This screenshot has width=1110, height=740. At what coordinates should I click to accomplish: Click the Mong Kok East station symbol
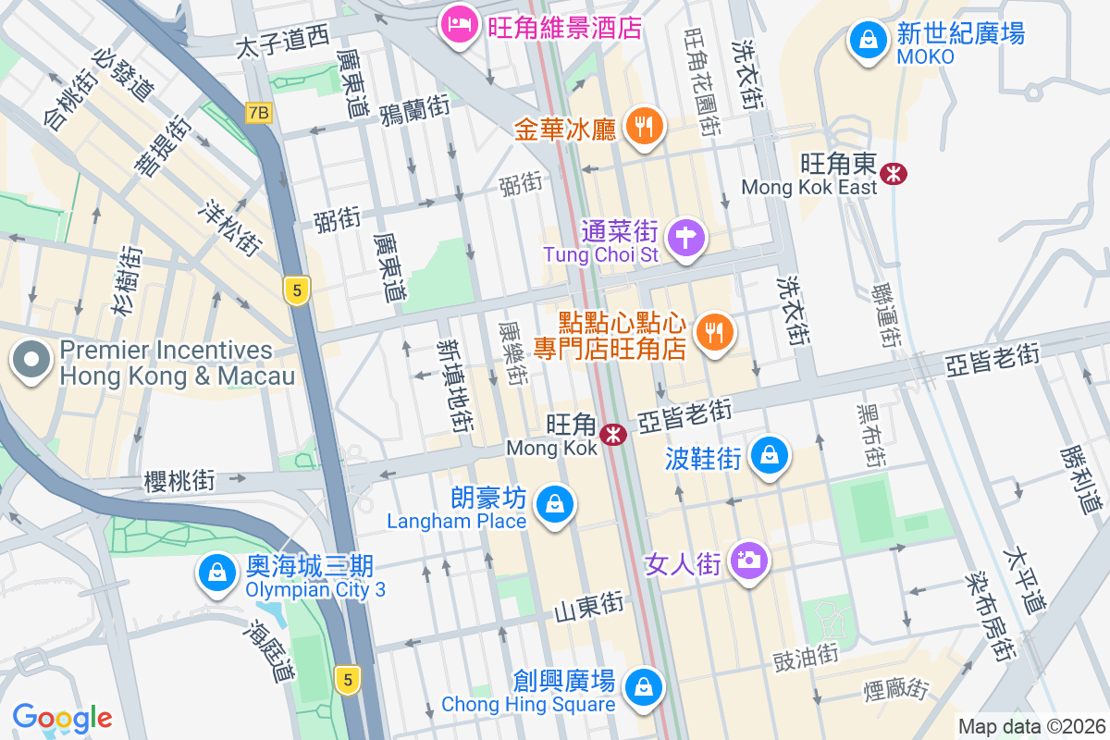point(894,172)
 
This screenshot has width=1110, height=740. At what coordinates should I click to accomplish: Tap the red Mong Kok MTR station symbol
point(612,434)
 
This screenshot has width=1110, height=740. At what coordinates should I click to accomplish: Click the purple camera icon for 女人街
point(748,561)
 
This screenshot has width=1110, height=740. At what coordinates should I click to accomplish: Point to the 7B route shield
point(259,113)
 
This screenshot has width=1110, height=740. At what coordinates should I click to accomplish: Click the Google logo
point(62,718)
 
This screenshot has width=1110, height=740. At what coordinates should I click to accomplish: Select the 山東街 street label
point(589,608)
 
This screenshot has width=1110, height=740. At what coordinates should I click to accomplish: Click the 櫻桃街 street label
point(179,480)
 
